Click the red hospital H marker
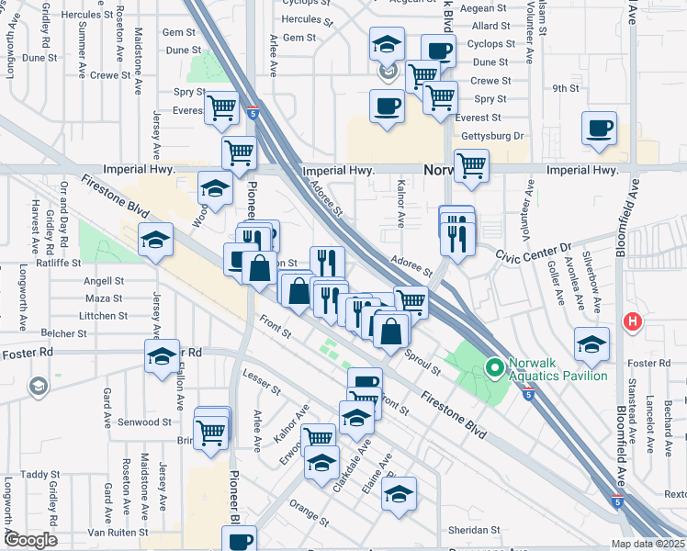tap(632, 322)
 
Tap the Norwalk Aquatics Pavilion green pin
tap(494, 369)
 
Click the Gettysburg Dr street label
tap(491, 136)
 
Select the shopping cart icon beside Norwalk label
tap(471, 165)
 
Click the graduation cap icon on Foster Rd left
tap(162, 355)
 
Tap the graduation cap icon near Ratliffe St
tap(155, 241)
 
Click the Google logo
tap(30, 540)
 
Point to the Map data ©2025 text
tap(648, 544)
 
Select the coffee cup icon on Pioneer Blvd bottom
tap(240, 540)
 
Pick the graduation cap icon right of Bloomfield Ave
tap(591, 343)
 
